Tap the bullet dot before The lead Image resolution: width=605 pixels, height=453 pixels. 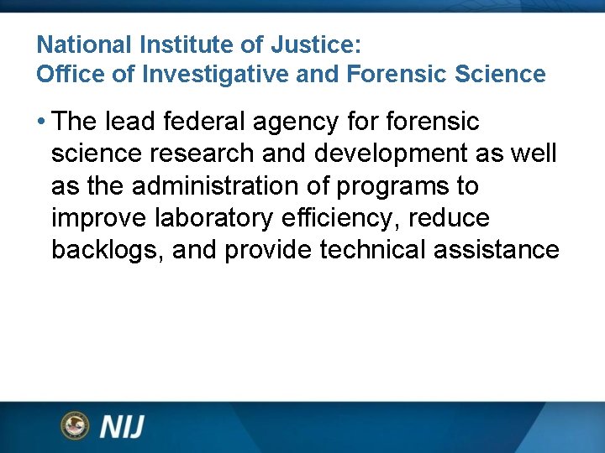pos(41,122)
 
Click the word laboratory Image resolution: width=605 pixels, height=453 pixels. pos(214,219)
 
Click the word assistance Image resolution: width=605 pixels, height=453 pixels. pos(500,250)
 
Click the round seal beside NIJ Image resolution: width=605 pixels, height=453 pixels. pos(75,425)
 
